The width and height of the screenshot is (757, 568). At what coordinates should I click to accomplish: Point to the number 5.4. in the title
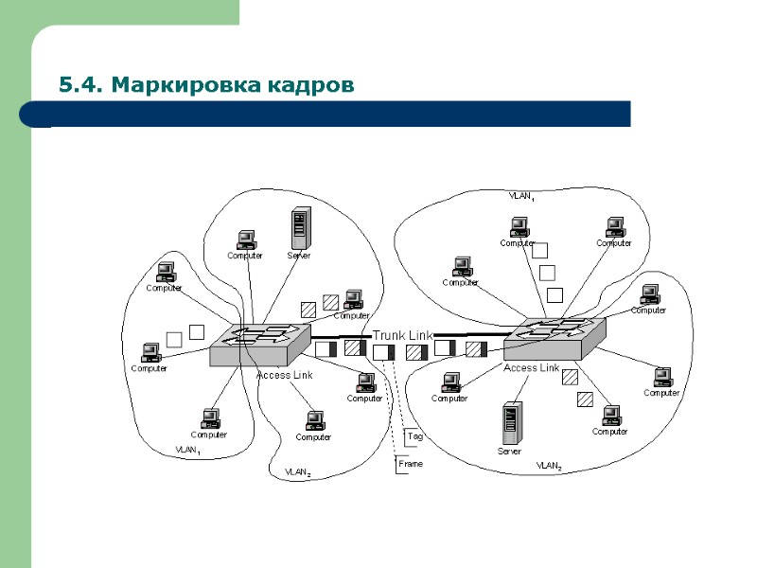click(80, 86)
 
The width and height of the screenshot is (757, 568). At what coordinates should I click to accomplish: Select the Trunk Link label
click(402, 336)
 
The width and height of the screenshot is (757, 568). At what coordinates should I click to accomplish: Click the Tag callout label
click(414, 436)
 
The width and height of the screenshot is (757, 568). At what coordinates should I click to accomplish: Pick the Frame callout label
click(411, 464)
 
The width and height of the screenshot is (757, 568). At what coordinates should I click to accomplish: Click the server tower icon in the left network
click(300, 228)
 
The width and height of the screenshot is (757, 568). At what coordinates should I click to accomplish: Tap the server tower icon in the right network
click(511, 423)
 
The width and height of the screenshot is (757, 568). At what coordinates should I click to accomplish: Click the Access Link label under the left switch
click(284, 375)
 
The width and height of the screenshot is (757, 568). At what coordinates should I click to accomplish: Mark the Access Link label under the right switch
click(531, 367)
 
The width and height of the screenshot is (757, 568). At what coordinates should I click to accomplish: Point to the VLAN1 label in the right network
click(521, 196)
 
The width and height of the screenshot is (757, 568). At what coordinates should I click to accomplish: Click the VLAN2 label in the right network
click(549, 467)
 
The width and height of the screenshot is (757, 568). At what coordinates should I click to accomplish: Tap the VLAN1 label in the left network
click(187, 452)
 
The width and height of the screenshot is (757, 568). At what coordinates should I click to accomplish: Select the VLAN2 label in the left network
click(298, 470)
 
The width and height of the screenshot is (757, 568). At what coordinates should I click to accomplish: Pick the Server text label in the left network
click(299, 256)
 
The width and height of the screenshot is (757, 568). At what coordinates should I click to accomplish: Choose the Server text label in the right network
click(509, 452)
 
